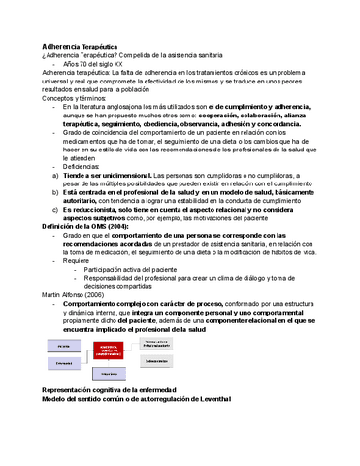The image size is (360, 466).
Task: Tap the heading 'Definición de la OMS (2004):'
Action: pyautogui.click(x=93, y=226)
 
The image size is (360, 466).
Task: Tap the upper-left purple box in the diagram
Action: pyautogui.click(x=65, y=346)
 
